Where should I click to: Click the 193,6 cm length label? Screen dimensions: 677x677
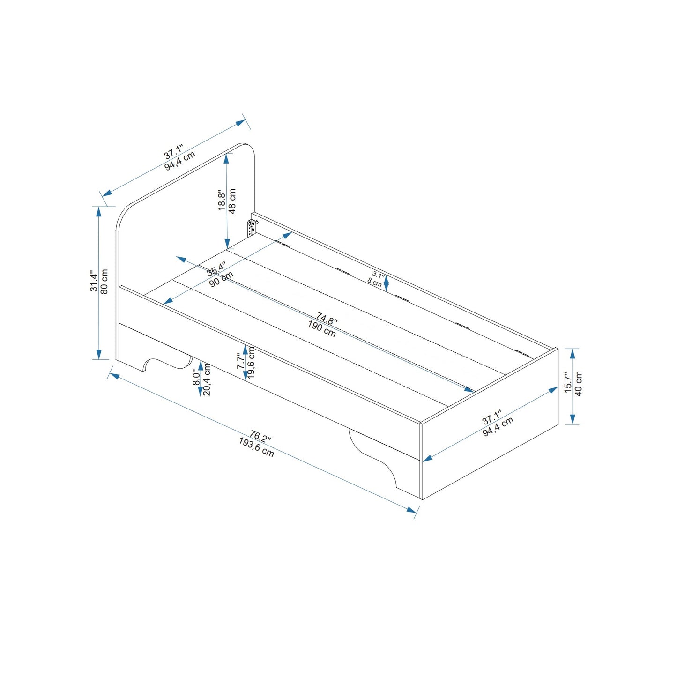click(256, 447)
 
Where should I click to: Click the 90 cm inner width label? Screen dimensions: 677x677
click(221, 279)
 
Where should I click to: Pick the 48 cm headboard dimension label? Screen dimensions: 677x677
click(232, 201)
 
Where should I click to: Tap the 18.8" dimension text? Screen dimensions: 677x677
click(222, 200)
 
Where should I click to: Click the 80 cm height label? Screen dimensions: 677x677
click(104, 282)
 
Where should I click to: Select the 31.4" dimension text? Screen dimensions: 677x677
click(94, 281)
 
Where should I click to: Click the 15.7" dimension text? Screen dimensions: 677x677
click(568, 383)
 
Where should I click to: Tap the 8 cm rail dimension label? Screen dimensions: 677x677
click(374, 282)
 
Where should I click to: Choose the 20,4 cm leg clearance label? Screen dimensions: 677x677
click(206, 379)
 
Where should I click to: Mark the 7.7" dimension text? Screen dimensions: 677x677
click(240, 361)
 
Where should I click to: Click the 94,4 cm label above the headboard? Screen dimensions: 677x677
click(180, 160)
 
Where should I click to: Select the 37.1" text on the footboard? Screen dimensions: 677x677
click(492, 417)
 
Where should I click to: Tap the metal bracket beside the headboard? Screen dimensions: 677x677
click(252, 228)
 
